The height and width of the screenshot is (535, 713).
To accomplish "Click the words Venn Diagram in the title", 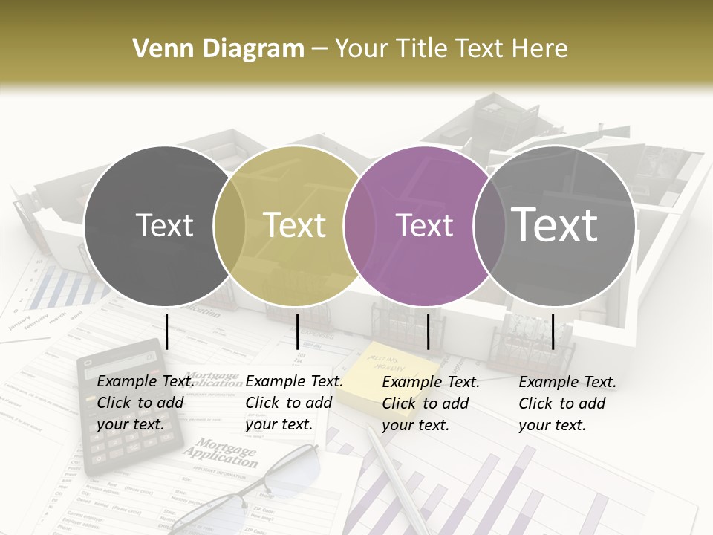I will pos(218,49).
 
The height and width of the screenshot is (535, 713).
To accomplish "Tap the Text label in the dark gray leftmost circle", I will pos(164,225).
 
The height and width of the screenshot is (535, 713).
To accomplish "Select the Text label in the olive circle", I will pos(295,225).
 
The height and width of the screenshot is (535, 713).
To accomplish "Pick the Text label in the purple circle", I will pos(425,225).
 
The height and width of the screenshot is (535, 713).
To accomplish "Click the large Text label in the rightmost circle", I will pos(555,225).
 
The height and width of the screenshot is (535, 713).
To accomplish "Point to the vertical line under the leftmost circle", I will pos(166,331).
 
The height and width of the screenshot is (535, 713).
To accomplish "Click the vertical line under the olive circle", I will pos(297,331).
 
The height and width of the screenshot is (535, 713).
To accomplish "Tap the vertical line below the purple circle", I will pos(428,331).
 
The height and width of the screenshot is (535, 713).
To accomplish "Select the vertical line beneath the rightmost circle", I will pos(553,331).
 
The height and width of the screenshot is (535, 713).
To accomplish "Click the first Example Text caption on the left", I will pos(145,403).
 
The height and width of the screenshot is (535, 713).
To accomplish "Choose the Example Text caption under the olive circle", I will pos(293,403).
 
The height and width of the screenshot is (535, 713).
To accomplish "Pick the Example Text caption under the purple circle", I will pos(430,403).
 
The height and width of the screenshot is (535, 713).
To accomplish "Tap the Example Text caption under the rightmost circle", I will pos(567,403).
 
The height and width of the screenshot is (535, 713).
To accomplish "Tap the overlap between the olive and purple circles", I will pos(359,225).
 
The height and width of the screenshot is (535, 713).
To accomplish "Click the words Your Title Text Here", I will pos(451,49).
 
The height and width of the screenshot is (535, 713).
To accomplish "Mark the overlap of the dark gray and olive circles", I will pos(229,225).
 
